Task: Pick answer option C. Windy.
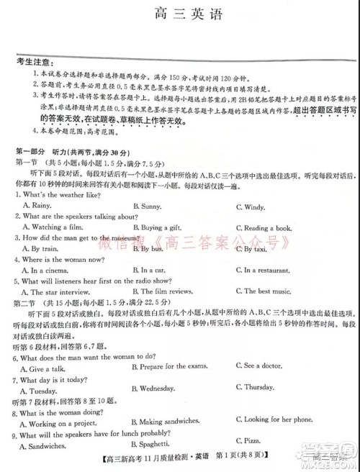tap(251, 206)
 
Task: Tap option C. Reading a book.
tap(266, 228)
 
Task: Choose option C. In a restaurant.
tap(266, 270)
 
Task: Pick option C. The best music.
tap(264, 291)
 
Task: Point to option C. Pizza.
tap(250, 439)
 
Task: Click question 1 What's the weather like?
tap(58, 195)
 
